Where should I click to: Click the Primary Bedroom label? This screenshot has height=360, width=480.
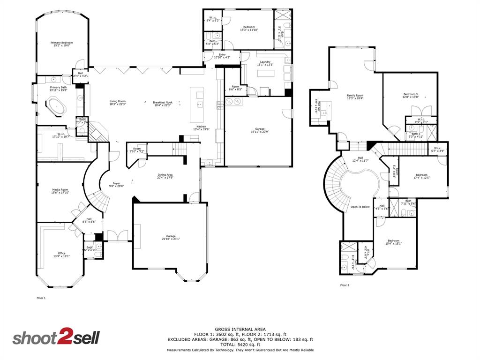tap(62, 43)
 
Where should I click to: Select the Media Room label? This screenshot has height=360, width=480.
tap(60, 190)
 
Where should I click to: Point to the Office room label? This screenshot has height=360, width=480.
tap(61, 253)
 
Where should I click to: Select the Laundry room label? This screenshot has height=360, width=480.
tap(265, 62)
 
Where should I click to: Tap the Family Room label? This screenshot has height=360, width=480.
tap(355, 96)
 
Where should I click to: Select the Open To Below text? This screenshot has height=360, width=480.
tap(360, 207)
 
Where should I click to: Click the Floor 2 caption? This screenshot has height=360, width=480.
tap(345, 285)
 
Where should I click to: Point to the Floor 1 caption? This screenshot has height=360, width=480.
tap(41, 298)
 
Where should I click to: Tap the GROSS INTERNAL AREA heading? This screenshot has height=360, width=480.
tap(240, 329)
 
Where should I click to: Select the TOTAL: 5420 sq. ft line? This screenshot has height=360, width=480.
tap(240, 345)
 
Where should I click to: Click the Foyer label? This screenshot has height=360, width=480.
tap(116, 183)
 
